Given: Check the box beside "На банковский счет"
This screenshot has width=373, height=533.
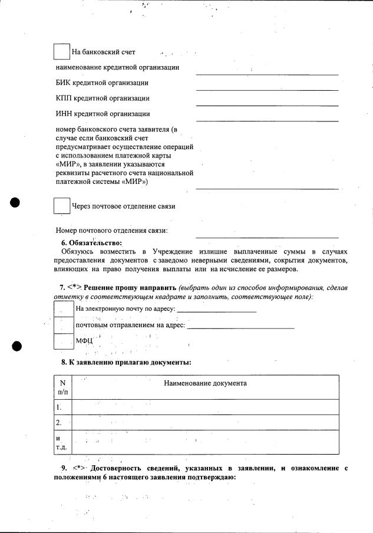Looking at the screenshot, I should [61, 51].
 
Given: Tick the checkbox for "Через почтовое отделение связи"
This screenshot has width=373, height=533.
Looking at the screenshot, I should [61, 206].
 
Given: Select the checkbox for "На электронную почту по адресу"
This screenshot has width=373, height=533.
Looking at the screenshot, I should [64, 308].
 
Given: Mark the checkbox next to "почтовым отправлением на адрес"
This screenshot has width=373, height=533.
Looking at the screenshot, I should [64, 325].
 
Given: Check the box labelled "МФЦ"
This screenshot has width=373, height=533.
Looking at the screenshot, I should [64, 341].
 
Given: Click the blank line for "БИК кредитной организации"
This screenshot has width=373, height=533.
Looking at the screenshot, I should [267, 89].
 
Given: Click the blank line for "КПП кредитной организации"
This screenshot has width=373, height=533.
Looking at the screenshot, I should [267, 104].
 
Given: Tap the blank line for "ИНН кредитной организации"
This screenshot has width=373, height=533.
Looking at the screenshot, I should [267, 120].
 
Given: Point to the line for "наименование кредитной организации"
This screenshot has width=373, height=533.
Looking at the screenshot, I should [267, 74].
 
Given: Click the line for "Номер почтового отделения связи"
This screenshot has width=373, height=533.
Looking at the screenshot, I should [267, 236].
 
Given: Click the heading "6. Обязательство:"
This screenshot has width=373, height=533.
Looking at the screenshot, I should [91, 243].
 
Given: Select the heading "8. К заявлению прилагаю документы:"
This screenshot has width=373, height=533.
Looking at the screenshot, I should [126, 362].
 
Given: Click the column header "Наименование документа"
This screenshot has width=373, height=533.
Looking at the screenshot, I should [205, 383].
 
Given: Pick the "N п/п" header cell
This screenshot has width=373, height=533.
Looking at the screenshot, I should [62, 387].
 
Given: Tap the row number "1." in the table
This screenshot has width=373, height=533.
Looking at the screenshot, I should [59, 407].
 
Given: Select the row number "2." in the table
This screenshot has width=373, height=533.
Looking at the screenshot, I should [59, 423].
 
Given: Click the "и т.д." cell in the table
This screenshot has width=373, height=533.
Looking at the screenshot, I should [61, 442].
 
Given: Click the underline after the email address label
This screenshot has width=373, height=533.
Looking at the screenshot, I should [217, 310].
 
